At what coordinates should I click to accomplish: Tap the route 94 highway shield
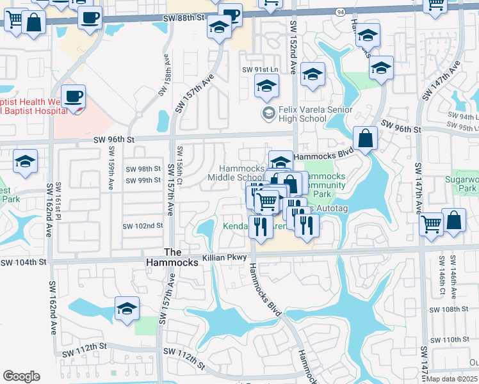pos(339,12)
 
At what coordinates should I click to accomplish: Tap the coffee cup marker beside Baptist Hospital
pos(74,98)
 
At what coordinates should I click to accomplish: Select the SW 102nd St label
pos(142,226)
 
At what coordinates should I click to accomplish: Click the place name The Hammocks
pos(183,257)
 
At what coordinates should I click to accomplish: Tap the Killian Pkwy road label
pos(224,257)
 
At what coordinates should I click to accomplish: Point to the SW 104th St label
pos(24,262)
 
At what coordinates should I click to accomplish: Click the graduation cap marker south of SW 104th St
pos(127,310)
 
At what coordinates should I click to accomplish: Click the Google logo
pos(21,376)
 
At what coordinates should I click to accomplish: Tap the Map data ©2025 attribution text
pos(451,379)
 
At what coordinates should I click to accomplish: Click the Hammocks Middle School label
pos(236,173)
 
